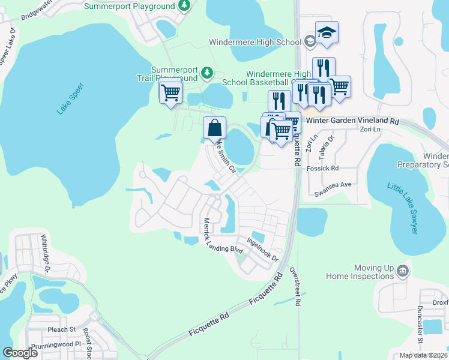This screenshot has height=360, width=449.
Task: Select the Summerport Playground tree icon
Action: (185, 6)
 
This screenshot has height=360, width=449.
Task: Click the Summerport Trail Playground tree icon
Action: (207, 73)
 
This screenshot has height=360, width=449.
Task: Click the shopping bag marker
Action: (214, 127)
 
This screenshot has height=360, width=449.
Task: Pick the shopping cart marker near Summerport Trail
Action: (170, 92)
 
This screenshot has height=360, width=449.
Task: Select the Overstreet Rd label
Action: (296, 287)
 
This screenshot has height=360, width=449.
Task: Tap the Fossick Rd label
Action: (327, 168)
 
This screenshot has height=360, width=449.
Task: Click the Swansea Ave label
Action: (333, 194)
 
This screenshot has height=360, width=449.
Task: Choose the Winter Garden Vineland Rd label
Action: (352, 121)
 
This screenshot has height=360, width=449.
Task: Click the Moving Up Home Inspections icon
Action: (403, 270)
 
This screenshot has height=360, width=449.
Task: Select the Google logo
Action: (20, 353)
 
